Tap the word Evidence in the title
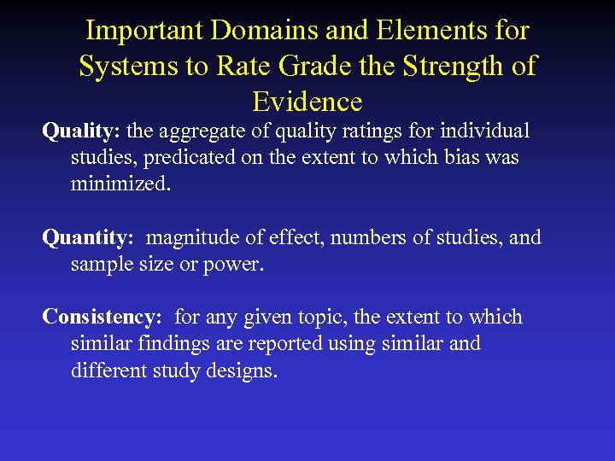307,102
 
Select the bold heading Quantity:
91,237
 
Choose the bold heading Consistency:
102,318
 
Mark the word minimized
120,184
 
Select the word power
234,264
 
